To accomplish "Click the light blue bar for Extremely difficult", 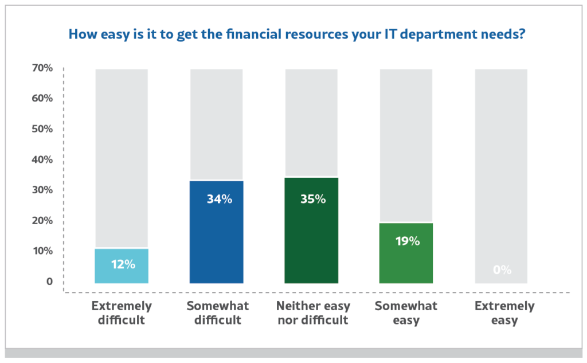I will [x=122, y=266].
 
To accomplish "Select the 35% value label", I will [x=313, y=200].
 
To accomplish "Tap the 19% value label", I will [x=408, y=241].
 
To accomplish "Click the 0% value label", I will [x=502, y=270].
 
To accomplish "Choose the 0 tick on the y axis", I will [x=49, y=282].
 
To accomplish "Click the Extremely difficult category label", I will [x=122, y=313].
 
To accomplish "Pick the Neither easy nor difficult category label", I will [x=313, y=313].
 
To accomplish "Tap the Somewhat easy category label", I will [x=406, y=313].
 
